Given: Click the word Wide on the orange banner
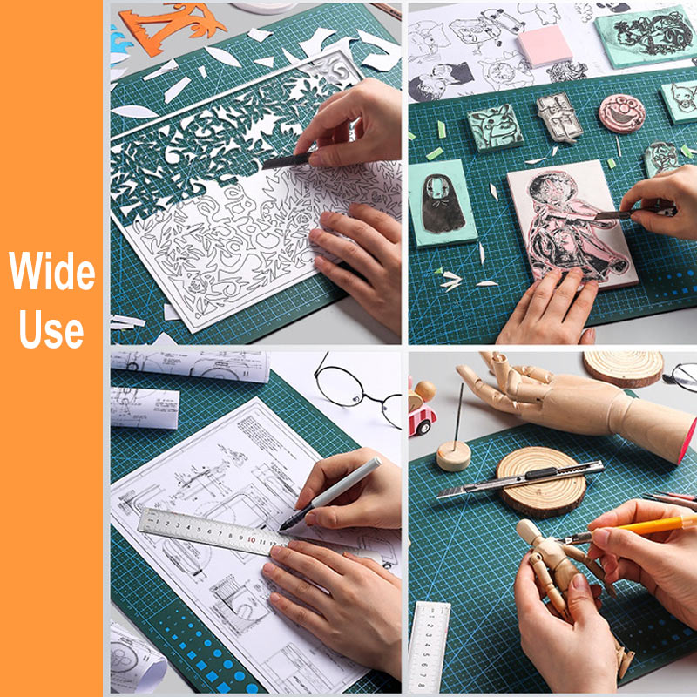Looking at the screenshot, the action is pyautogui.click(x=52, y=270).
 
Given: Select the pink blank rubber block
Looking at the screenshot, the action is pyautogui.click(x=545, y=45).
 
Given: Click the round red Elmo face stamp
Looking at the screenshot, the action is pyautogui.click(x=622, y=113).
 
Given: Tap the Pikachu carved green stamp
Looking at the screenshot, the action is pyautogui.click(x=495, y=128).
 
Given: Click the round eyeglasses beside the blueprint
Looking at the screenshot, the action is pyautogui.click(x=355, y=391).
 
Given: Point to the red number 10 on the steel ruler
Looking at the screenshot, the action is pyautogui.click(x=251, y=539).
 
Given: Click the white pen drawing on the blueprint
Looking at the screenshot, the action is pyautogui.click(x=330, y=493).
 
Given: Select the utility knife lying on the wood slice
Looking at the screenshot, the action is pyautogui.click(x=520, y=479).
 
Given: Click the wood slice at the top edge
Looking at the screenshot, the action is pyautogui.click(x=623, y=368).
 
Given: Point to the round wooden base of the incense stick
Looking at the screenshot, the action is pyautogui.click(x=453, y=456).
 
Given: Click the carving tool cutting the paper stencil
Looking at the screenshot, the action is pyautogui.click(x=287, y=161).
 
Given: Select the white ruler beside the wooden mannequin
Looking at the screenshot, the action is pyautogui.click(x=429, y=647).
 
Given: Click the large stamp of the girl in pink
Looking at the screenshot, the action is pyautogui.click(x=572, y=225).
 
